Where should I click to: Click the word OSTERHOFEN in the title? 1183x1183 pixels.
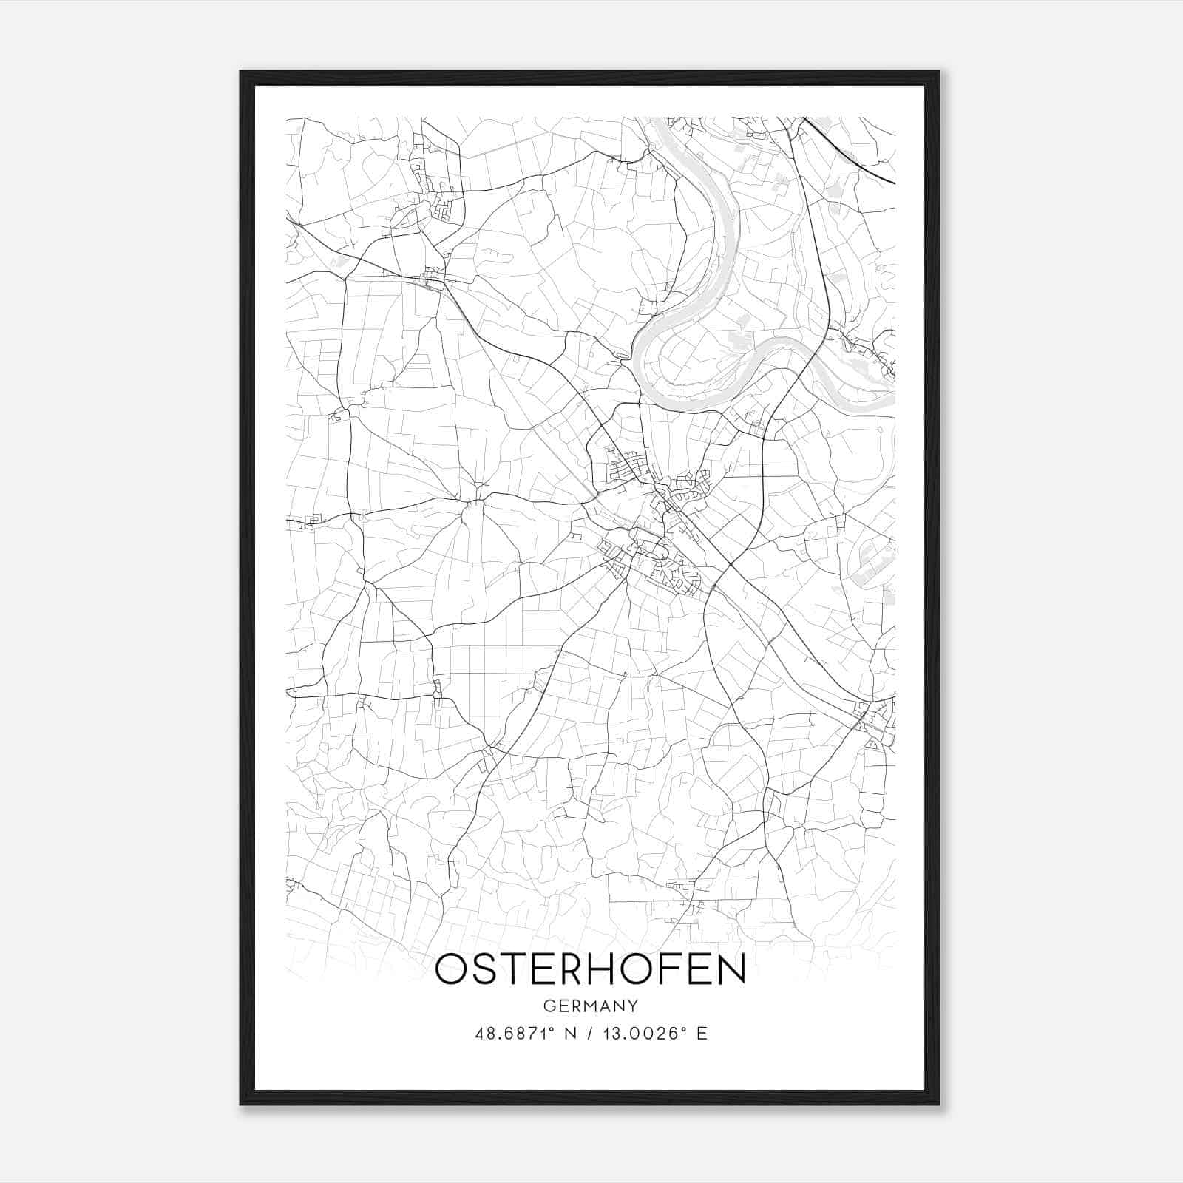click(x=590, y=969)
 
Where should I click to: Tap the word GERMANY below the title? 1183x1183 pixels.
click(x=590, y=1006)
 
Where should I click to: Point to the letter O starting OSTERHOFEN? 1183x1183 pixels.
click(x=452, y=969)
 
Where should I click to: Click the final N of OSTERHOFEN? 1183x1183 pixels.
click(x=730, y=969)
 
